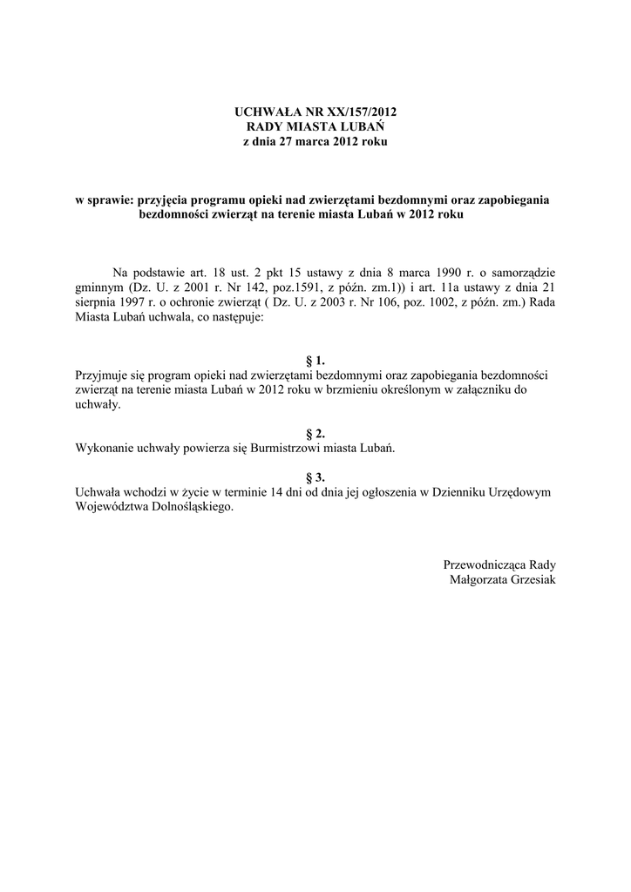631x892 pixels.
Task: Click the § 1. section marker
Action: pos(315,360)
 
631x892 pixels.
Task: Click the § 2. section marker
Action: pos(315,434)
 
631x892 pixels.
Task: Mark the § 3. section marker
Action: pos(315,477)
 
